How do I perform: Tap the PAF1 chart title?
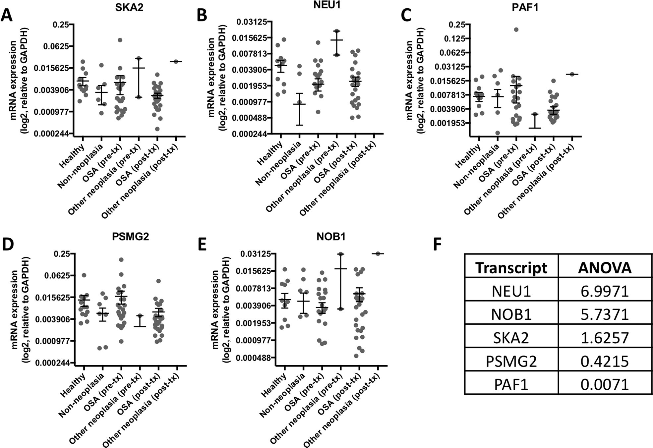pyautogui.click(x=525, y=7)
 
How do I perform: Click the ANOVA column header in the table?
pyautogui.click(x=605, y=268)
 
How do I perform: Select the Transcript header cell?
pyautogui.click(x=511, y=268)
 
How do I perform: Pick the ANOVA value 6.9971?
pyautogui.click(x=605, y=291)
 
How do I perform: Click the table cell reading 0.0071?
pyautogui.click(x=605, y=384)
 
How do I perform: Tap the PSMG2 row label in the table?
pyautogui.click(x=511, y=361)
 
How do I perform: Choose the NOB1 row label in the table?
pyautogui.click(x=511, y=314)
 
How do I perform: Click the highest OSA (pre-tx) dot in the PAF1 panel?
pyautogui.click(x=516, y=29)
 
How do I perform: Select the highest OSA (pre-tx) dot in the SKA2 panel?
pyautogui.click(x=120, y=40)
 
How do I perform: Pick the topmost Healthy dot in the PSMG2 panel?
pyautogui.click(x=84, y=275)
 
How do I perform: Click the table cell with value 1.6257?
pyautogui.click(x=605, y=338)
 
